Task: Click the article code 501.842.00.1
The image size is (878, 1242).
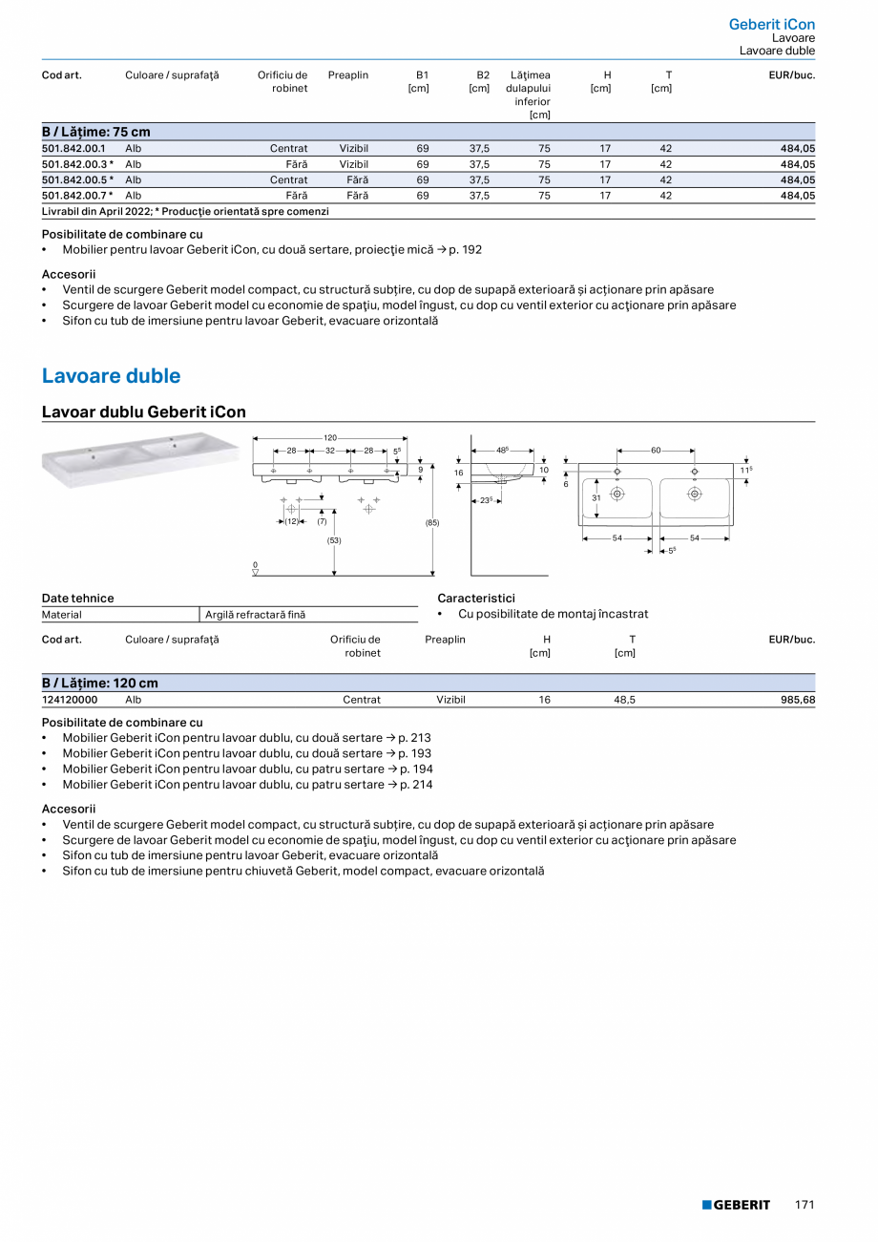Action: pyautogui.click(x=74, y=149)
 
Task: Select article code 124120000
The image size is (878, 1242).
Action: pyautogui.click(x=70, y=700)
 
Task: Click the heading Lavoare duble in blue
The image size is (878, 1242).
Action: pyautogui.click(x=111, y=376)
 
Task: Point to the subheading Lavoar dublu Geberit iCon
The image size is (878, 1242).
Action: pyautogui.click(x=144, y=412)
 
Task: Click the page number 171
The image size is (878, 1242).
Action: pyautogui.click(x=805, y=1205)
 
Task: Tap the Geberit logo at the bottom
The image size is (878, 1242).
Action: pyautogui.click(x=736, y=1205)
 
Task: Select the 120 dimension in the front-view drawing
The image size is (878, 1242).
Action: pyautogui.click(x=330, y=437)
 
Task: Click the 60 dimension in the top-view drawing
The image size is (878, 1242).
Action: pyautogui.click(x=656, y=450)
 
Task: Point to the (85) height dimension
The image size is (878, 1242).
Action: pyautogui.click(x=432, y=523)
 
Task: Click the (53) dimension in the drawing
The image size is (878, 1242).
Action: pyautogui.click(x=334, y=540)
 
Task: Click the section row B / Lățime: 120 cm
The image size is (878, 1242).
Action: pyautogui.click(x=100, y=683)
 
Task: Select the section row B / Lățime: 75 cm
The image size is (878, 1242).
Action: pyautogui.click(x=96, y=132)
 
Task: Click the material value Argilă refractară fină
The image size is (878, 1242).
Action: pyautogui.click(x=255, y=615)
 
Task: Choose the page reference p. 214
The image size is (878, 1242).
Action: pyautogui.click(x=416, y=785)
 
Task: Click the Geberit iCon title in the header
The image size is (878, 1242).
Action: pyautogui.click(x=771, y=24)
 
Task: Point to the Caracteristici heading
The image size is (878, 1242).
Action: pyautogui.click(x=475, y=598)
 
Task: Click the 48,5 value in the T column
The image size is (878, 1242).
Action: pyautogui.click(x=624, y=700)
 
